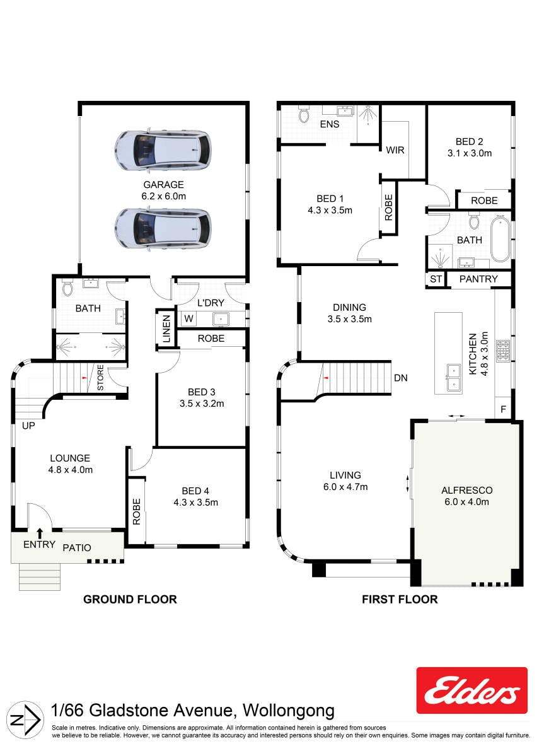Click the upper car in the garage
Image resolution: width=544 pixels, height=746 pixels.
click(x=163, y=150)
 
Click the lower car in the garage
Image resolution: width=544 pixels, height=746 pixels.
click(x=163, y=228)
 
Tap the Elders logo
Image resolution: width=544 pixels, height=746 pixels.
click(x=472, y=691)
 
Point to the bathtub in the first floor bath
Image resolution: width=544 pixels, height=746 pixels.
click(x=500, y=239)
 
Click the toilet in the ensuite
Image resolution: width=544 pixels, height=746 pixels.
click(x=304, y=115)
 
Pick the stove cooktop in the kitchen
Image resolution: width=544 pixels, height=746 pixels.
click(x=503, y=351)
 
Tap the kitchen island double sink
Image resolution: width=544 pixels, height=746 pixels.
click(x=454, y=377)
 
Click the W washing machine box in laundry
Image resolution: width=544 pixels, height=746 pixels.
click(x=188, y=318)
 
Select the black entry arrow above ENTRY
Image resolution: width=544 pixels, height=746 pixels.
click(x=40, y=533)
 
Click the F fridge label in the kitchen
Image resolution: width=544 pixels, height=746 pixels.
click(x=503, y=409)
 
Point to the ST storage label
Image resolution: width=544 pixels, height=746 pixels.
click(x=436, y=279)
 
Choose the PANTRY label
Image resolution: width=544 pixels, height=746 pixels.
click(x=478, y=279)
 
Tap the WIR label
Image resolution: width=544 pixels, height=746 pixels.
click(x=395, y=150)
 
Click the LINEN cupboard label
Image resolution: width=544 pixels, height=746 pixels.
click(x=166, y=329)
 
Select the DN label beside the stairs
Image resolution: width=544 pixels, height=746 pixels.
click(x=400, y=378)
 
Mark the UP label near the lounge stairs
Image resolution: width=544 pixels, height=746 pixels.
click(x=28, y=425)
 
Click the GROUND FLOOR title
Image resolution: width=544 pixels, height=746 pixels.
click(x=130, y=600)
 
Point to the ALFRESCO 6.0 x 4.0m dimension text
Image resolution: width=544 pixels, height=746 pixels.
click(x=466, y=501)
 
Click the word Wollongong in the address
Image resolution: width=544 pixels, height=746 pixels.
click(x=289, y=711)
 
